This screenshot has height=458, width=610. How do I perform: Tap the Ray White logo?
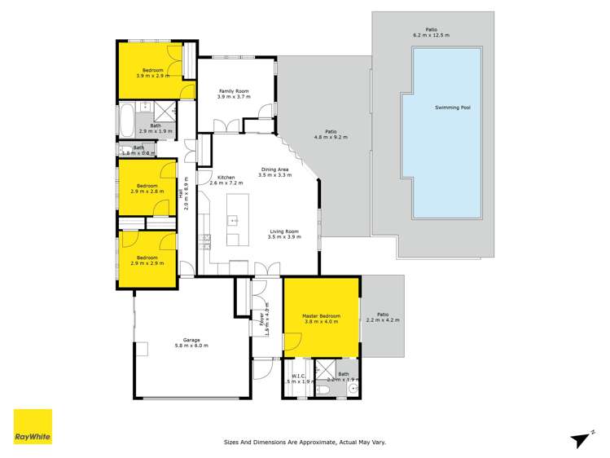click(x=33, y=428)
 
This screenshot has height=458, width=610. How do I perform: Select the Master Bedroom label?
click(x=321, y=315)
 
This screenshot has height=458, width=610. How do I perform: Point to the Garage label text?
click(x=191, y=341)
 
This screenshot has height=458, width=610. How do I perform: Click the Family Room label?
click(x=233, y=90)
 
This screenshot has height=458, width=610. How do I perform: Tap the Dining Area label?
click(x=274, y=169)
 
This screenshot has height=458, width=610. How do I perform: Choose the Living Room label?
click(x=286, y=231)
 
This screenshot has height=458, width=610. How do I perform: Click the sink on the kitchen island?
click(x=233, y=220)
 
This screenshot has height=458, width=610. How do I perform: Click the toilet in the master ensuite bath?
click(x=323, y=390)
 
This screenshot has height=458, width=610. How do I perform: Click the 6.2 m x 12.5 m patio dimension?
click(x=431, y=36)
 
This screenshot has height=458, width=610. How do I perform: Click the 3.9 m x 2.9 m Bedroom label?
click(x=153, y=71)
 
